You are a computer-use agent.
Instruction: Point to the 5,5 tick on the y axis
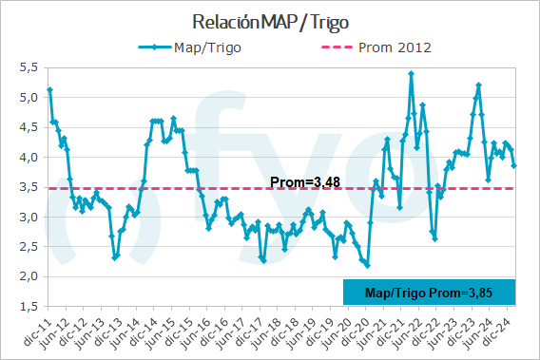click(28, 66)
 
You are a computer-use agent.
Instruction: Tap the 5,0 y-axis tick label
click(28, 97)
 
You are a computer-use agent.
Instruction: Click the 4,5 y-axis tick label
click(28, 126)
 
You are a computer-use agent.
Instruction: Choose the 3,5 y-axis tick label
click(28, 187)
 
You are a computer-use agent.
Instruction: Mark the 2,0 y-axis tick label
click(28, 277)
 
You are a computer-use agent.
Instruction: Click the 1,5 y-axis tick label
click(28, 307)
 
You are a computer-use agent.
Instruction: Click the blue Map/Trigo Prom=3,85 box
click(428, 293)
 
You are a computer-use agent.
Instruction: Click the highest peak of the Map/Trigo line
click(411, 73)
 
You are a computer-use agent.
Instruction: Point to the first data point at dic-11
click(48, 89)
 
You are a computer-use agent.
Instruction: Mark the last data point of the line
click(514, 166)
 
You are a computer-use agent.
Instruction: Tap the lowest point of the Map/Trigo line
click(367, 265)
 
